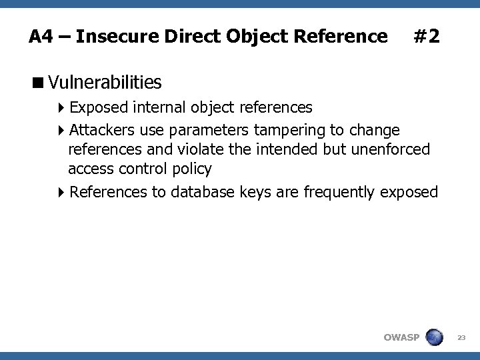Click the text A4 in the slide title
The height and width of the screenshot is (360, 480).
click(x=41, y=36)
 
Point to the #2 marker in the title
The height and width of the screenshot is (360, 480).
click(x=426, y=36)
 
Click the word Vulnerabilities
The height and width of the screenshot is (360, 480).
click(x=105, y=83)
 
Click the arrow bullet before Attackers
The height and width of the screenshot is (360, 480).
click(x=61, y=129)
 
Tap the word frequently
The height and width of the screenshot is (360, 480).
click(x=339, y=193)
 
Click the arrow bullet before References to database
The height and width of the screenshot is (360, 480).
click(x=61, y=193)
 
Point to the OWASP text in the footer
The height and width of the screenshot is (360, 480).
click(x=401, y=337)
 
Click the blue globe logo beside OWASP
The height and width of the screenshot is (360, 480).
click(x=434, y=337)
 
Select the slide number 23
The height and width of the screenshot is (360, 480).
click(x=461, y=338)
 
